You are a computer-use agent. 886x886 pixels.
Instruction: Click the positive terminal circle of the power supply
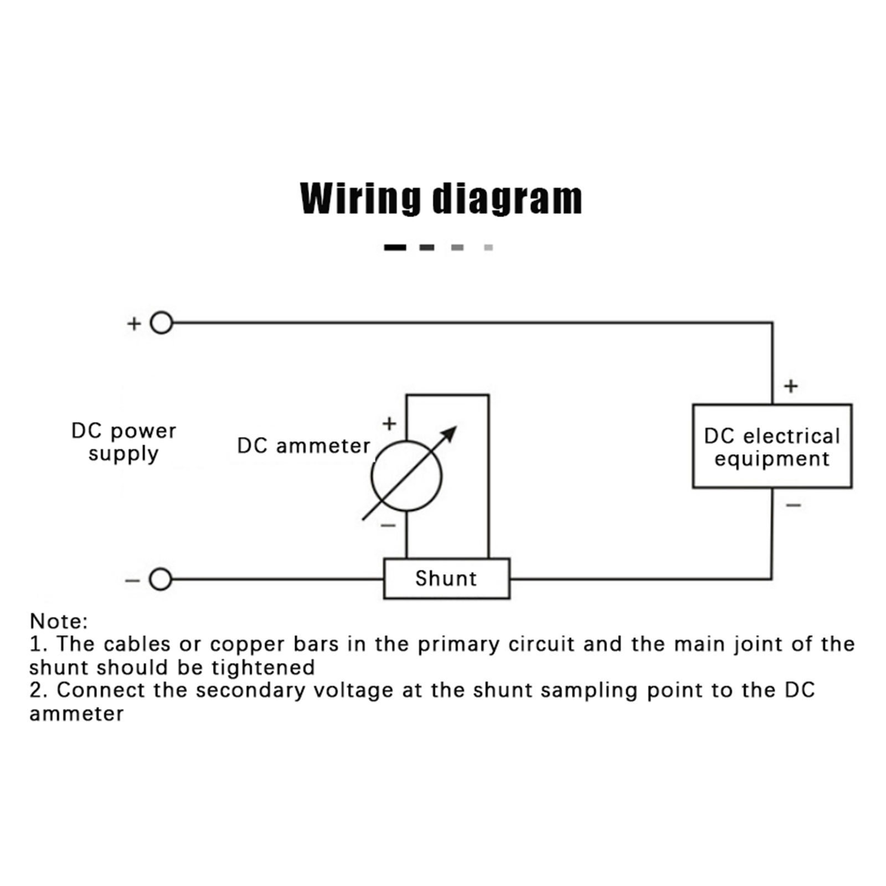pyautogui.click(x=161, y=323)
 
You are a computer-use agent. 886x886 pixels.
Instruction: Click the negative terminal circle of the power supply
pyautogui.click(x=161, y=579)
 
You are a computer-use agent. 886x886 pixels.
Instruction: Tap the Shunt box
pyautogui.click(x=446, y=579)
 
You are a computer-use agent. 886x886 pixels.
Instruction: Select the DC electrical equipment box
pyautogui.click(x=772, y=446)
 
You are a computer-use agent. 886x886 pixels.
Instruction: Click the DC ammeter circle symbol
pyautogui.click(x=406, y=476)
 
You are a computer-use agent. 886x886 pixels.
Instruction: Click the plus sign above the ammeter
pyautogui.click(x=389, y=424)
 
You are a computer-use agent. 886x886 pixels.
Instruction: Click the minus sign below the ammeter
pyautogui.click(x=388, y=525)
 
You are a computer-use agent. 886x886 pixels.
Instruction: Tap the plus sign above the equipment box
pyautogui.click(x=791, y=386)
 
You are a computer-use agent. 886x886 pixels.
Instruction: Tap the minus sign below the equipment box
pyautogui.click(x=793, y=505)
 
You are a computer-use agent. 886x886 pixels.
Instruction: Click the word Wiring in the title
pyautogui.click(x=360, y=198)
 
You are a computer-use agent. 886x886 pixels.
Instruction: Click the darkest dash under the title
pyautogui.click(x=395, y=248)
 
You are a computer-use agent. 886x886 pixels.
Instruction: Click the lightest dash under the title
pyautogui.click(x=488, y=248)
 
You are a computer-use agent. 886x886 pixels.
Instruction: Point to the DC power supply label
pyautogui.click(x=123, y=442)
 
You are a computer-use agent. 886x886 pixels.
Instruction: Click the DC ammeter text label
pyautogui.click(x=303, y=446)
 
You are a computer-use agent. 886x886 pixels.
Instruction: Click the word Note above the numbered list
pyautogui.click(x=58, y=621)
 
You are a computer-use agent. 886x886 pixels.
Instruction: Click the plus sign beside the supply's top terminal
pyautogui.click(x=134, y=323)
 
